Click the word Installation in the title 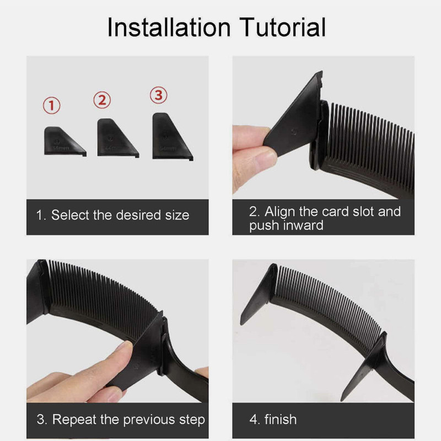click(x=169, y=27)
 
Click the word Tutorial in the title click(x=282, y=27)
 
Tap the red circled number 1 click(x=51, y=105)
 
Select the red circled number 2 click(x=102, y=100)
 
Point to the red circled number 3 click(x=159, y=95)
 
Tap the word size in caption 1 click(x=177, y=216)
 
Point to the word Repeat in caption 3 click(x=74, y=420)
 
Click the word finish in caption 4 click(x=281, y=420)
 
